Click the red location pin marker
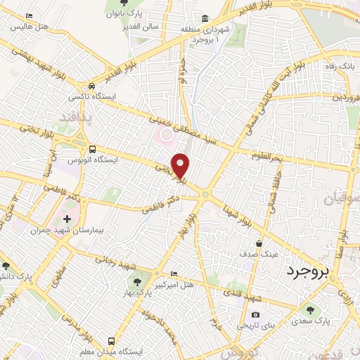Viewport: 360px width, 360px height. click(181, 165)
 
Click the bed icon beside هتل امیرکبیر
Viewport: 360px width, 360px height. click(174, 274)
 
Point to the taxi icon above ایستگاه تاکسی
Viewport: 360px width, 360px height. click(83, 87)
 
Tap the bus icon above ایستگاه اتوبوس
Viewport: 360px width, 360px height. click(93, 149)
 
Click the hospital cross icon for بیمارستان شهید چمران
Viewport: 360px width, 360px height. click(67, 219)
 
